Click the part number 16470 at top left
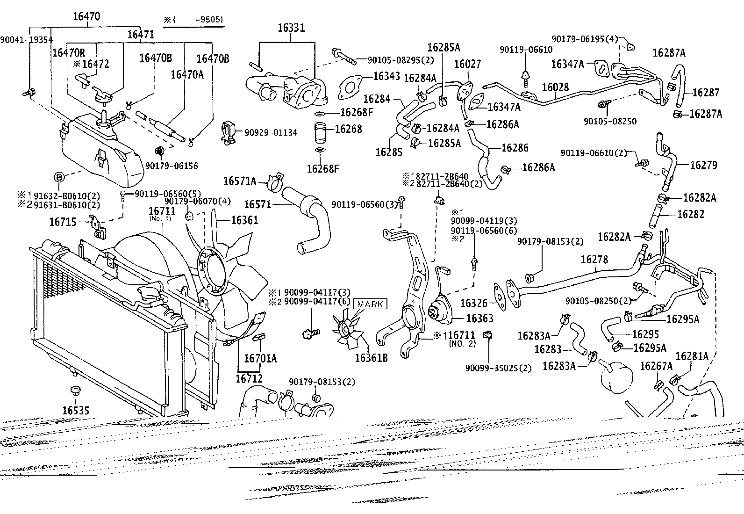86,16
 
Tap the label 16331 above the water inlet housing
291,28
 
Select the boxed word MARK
370,304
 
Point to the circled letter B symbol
59,177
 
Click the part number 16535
76,410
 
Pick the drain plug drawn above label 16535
76,391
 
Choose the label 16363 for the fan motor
479,318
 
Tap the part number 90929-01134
271,133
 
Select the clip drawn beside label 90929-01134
228,133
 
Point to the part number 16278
594,259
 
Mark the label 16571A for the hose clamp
240,181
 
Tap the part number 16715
63,222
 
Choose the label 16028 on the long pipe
555,87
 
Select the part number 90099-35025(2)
498,368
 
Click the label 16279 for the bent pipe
703,165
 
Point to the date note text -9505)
209,20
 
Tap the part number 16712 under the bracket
249,378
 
